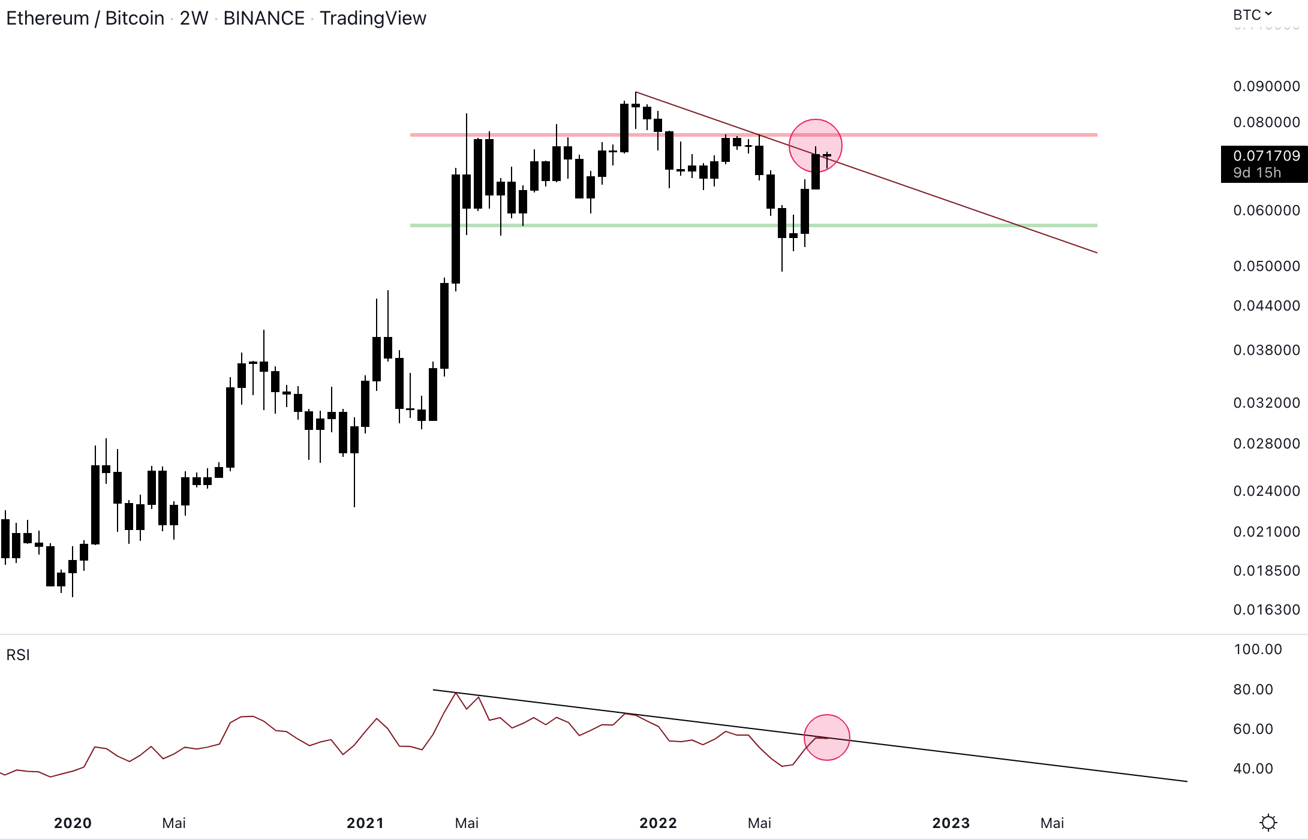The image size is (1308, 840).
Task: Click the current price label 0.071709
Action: coord(1266,156)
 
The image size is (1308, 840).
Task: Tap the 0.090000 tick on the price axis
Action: coord(1266,86)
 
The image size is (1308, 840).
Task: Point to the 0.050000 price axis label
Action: coord(1266,266)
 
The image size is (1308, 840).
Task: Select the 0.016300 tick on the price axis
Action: coord(1266,610)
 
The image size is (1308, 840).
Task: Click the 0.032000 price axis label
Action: coord(1266,403)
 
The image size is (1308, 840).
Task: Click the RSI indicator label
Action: coord(18,655)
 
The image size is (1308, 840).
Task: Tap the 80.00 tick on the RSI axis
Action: coord(1253,690)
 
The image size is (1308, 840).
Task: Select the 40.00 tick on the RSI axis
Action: coord(1253,769)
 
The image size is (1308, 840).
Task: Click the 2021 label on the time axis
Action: coord(365,823)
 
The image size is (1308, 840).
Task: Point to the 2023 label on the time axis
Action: coord(951,823)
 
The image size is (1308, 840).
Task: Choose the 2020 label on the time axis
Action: coord(73,823)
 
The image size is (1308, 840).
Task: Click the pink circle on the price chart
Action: coord(815,146)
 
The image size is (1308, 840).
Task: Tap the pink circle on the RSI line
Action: coord(826,737)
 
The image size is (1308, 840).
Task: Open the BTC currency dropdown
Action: coord(1252,15)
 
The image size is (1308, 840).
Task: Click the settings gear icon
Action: coord(1268,823)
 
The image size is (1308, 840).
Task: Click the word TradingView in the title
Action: coord(372,19)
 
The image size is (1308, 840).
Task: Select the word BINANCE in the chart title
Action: coord(264,19)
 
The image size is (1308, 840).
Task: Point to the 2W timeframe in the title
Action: coord(194,19)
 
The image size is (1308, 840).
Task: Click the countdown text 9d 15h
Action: coord(1257,173)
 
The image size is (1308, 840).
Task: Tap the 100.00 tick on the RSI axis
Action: coord(1258,649)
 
